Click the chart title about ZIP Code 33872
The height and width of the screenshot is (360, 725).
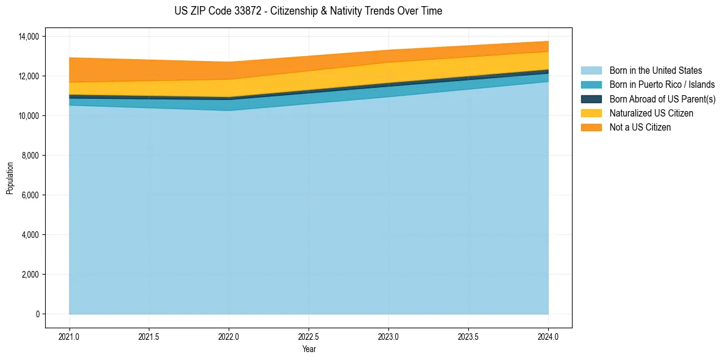308,11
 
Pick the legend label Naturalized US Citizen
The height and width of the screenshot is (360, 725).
651,113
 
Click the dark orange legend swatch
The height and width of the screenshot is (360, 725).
591,128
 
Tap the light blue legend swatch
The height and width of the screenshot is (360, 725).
591,71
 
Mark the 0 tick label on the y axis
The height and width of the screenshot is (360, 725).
37,314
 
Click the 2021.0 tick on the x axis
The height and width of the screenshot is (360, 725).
70,336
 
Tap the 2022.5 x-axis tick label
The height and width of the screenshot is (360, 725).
309,336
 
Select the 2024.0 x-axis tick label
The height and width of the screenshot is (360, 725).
548,336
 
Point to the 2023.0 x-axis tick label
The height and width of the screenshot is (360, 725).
388,336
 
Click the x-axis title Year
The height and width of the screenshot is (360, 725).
309,349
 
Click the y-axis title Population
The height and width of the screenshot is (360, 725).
10,178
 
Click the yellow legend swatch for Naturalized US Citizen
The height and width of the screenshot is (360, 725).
591,113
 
